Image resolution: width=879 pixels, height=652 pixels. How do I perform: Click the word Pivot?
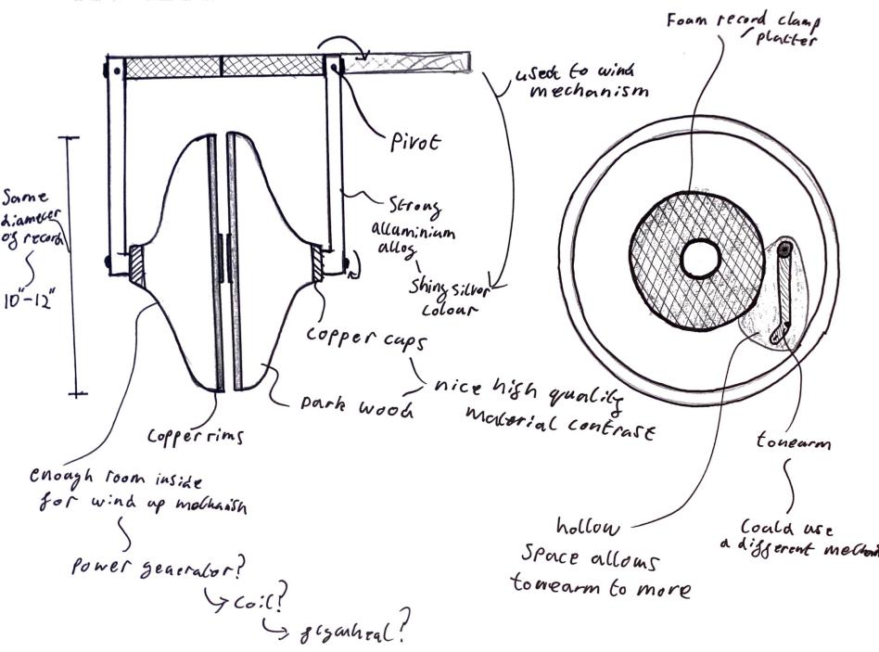[414, 144]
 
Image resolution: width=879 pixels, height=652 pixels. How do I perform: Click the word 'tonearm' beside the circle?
[793, 443]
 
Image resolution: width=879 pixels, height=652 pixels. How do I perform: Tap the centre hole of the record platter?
[699, 259]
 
